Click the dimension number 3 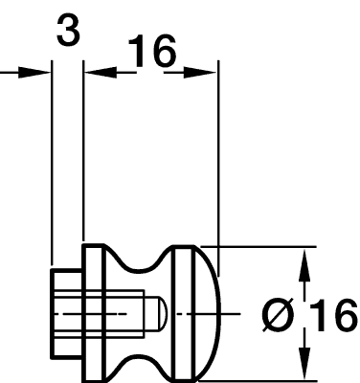coord(68,31)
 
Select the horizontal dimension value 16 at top coord(152,51)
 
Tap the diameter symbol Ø coord(278,315)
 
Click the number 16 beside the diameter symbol coord(333,315)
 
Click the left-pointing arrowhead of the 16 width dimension coord(101,73)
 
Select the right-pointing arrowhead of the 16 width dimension coord(200,73)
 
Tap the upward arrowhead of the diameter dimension coord(304,266)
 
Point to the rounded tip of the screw coord(162,314)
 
